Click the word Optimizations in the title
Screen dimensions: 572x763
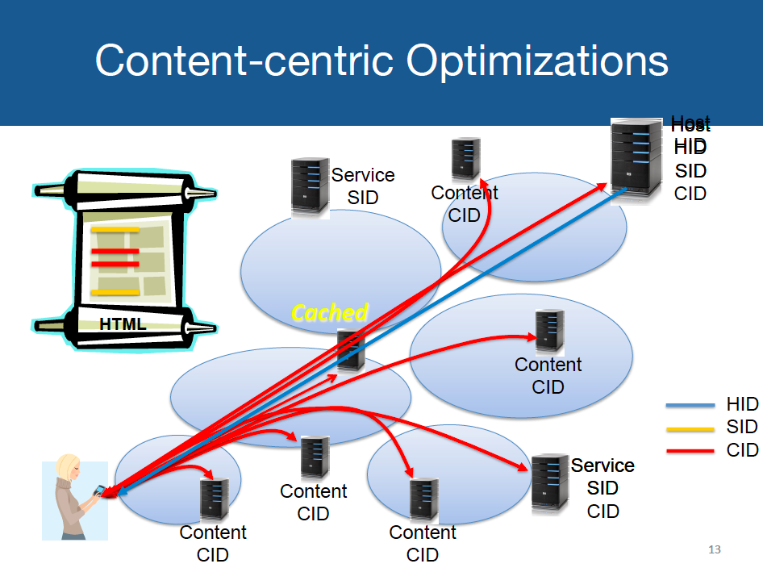pyautogui.click(x=538, y=61)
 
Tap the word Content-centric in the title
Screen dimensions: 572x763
pyautogui.click(x=246, y=61)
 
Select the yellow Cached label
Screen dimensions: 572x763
pyautogui.click(x=329, y=313)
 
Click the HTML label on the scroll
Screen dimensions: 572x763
pyautogui.click(x=123, y=324)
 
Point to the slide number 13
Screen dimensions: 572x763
pyautogui.click(x=714, y=550)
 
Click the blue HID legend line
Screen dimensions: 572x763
pyautogui.click(x=690, y=405)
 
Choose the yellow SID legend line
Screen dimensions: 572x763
pyautogui.click(x=690, y=428)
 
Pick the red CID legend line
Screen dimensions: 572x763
pyautogui.click(x=690, y=450)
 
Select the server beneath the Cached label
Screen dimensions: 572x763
pyautogui.click(x=351, y=350)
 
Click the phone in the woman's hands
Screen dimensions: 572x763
pyautogui.click(x=101, y=491)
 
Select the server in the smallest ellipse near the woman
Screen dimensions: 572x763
pyautogui.click(x=215, y=499)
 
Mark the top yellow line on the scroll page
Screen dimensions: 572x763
pyautogui.click(x=115, y=229)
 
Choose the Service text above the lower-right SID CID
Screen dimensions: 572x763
pyautogui.click(x=602, y=466)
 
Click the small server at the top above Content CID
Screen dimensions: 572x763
pyautogui.click(x=465, y=159)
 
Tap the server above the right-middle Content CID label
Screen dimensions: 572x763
pyautogui.click(x=549, y=331)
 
